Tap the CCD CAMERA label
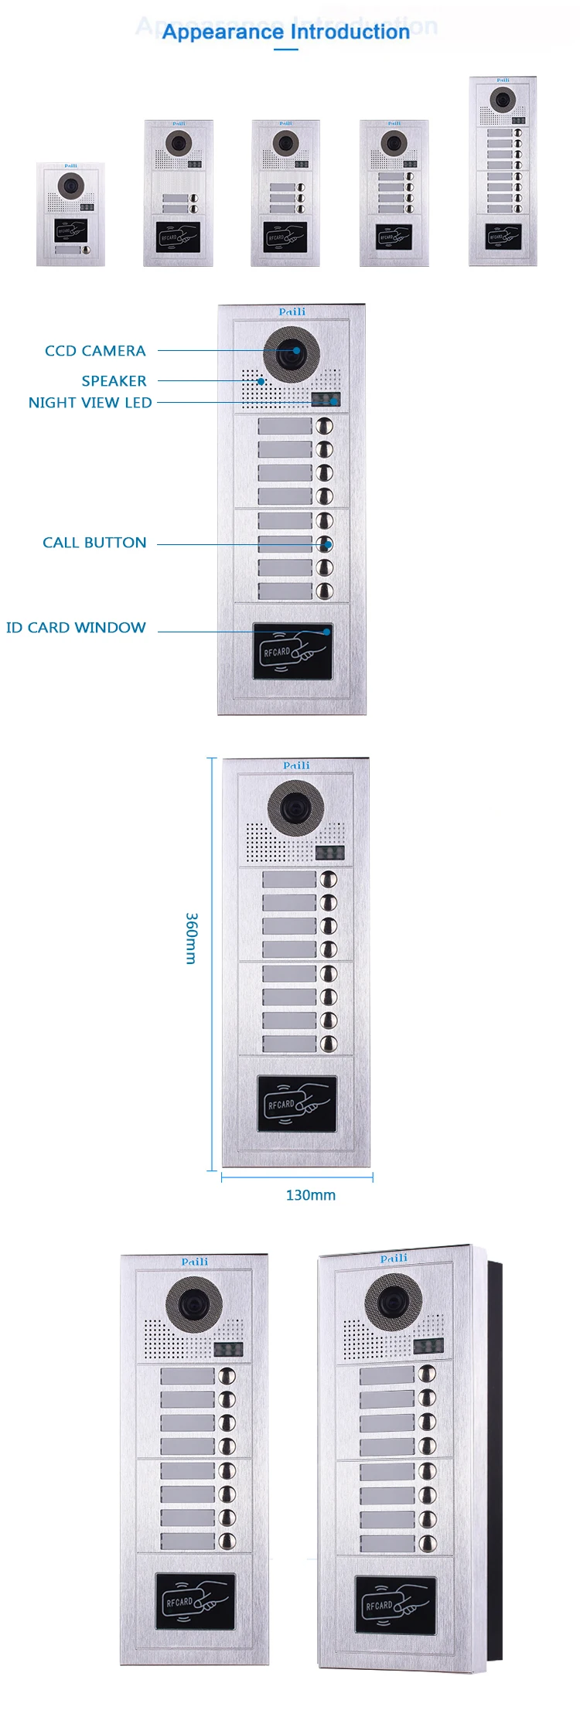point(95,351)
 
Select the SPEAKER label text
point(114,381)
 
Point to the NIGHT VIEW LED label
point(90,403)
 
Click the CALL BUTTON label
point(94,543)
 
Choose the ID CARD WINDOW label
point(76,628)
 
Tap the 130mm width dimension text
point(310,1195)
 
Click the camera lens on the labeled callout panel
point(292,353)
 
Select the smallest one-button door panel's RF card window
point(70,230)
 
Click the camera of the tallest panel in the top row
point(503,100)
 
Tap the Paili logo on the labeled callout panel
point(292,312)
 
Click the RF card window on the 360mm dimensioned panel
point(297,1104)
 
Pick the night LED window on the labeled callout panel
point(326,400)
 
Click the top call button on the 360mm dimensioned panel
point(329,879)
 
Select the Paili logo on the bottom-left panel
point(195,1262)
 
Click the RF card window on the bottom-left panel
point(195,1601)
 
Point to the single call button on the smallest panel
point(87,250)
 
